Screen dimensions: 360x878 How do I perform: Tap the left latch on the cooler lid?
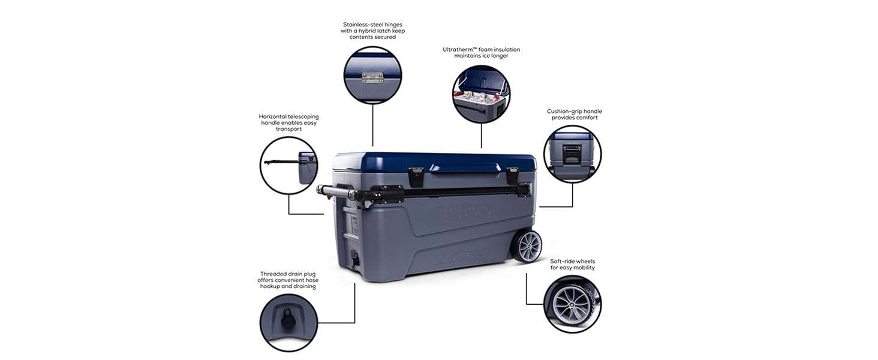[416, 176]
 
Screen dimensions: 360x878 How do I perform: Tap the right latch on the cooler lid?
[512, 175]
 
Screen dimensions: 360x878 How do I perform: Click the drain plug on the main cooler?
[356, 260]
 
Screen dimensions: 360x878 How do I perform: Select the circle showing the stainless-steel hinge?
[372, 76]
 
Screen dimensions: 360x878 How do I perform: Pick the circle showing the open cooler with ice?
[481, 94]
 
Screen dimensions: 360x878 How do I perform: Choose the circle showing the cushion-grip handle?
[572, 154]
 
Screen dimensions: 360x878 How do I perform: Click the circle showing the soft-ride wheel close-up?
[572, 304]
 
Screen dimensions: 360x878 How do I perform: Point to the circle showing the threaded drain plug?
[288, 322]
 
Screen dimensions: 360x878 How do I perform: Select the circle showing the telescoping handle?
[288, 166]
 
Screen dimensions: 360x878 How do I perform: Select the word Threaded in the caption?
[274, 274]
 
